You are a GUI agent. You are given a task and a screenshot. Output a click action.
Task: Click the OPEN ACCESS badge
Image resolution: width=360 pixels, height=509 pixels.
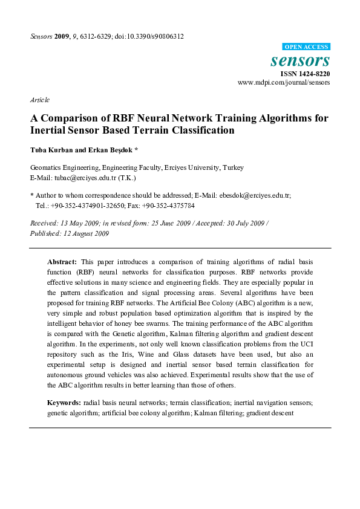pos(306,47)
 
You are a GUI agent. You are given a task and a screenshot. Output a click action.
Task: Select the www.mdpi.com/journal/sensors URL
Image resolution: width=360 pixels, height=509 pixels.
pos(284,82)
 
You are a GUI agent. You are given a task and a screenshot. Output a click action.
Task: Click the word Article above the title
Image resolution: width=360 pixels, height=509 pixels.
pos(39,100)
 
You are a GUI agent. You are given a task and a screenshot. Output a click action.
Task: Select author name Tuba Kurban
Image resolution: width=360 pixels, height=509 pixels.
pos(50,150)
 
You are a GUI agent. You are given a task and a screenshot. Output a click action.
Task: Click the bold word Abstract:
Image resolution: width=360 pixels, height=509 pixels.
pos(62,261)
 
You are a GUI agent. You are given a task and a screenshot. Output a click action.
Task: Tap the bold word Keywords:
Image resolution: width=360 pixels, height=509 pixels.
pos(64,403)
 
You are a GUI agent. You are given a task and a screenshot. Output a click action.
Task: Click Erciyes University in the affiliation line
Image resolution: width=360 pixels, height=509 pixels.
pos(192,168)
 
